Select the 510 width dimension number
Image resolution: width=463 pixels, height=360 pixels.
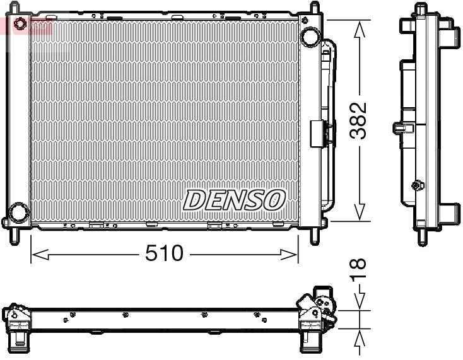(164, 253)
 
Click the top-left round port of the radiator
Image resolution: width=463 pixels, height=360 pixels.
(20, 25)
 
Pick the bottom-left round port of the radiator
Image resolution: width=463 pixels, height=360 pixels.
(18, 212)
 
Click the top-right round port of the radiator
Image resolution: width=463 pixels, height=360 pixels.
(310, 37)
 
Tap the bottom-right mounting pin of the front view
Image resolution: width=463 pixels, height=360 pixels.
(315, 236)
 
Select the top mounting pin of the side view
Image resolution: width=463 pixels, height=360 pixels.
(421, 9)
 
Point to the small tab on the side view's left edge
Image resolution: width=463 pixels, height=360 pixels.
(399, 128)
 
